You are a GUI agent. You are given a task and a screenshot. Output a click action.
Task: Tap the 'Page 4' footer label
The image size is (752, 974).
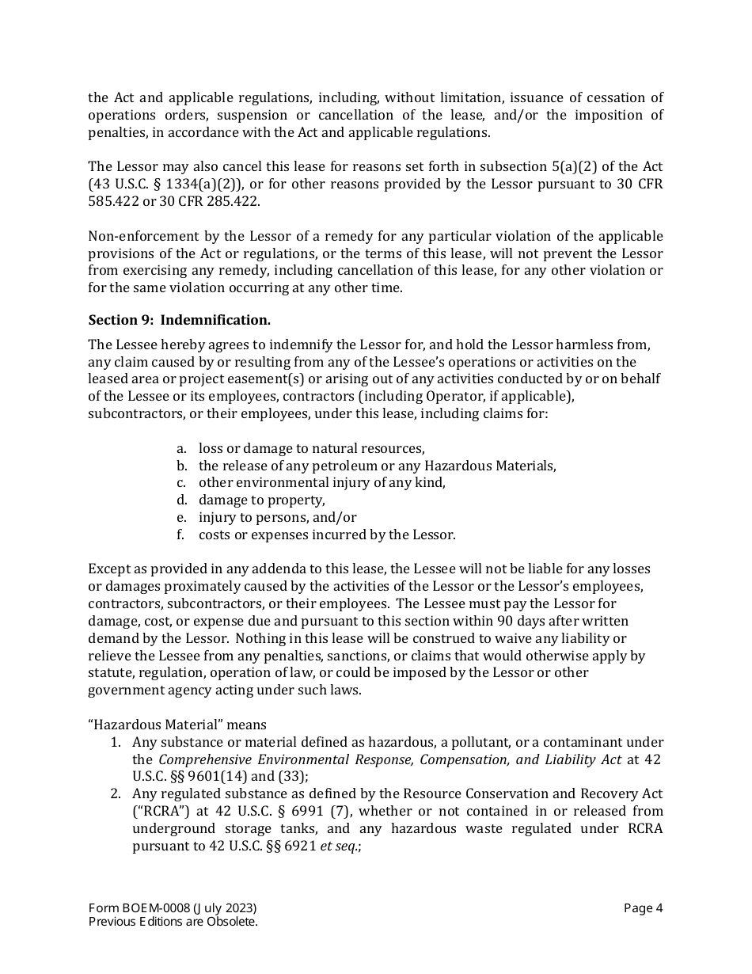[643, 908]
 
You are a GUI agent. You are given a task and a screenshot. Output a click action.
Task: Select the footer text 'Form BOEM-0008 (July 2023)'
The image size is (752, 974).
[172, 908]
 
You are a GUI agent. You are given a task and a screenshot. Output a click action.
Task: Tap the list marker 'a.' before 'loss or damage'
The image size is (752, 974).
[181, 448]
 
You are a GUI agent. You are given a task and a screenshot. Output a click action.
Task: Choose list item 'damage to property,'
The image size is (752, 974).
[261, 500]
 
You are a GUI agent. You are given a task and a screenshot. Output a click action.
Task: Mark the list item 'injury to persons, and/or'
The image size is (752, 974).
[277, 518]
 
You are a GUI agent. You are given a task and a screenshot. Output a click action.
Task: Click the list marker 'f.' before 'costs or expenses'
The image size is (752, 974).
[180, 535]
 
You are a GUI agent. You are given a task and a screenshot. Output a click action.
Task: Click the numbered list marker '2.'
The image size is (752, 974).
[115, 794]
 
